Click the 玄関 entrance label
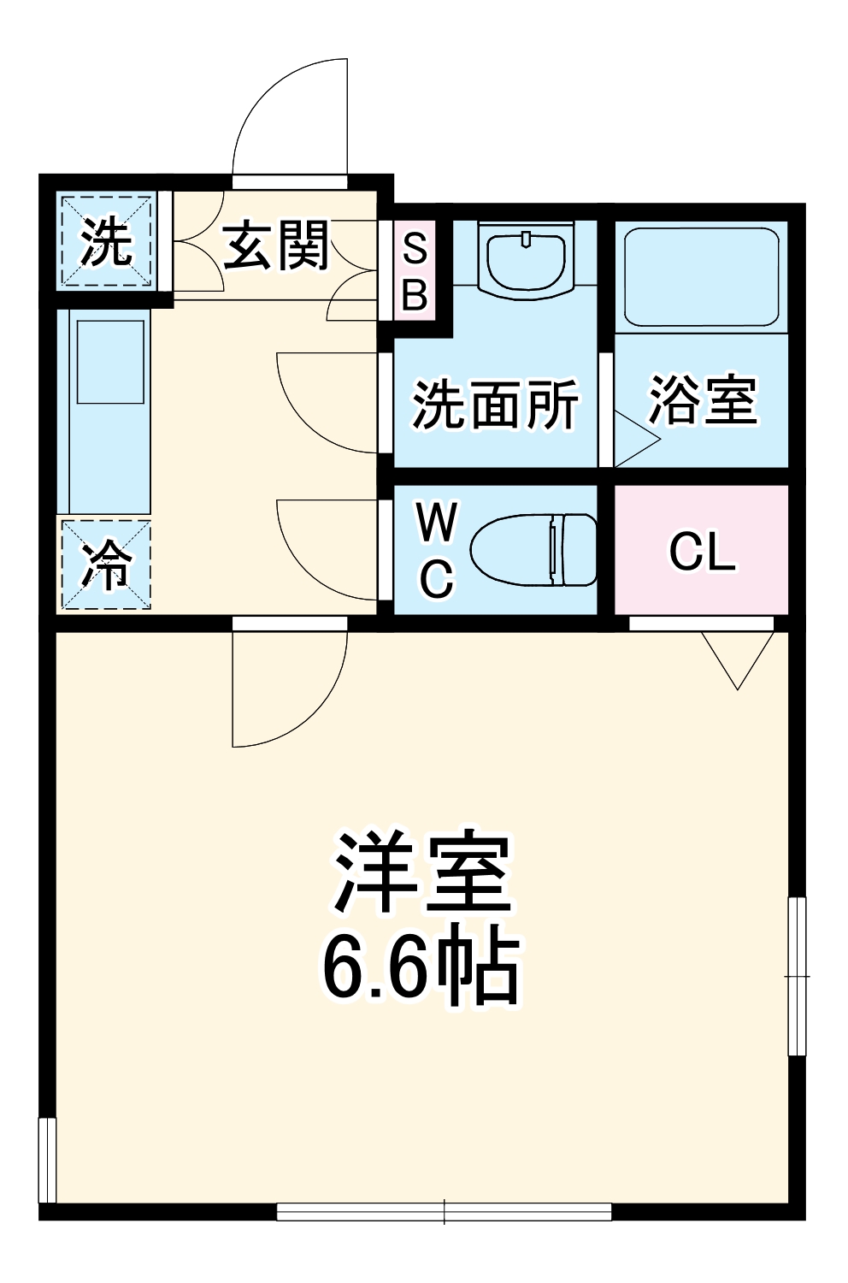(275, 245)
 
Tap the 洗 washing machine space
(106, 243)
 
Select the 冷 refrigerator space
(106, 565)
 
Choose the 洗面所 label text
(495, 404)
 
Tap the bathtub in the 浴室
(701, 275)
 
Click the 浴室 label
(702, 399)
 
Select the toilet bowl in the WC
(533, 550)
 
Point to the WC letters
(437, 550)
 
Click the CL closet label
(702, 552)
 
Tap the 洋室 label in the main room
(422, 872)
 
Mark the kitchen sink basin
(110, 362)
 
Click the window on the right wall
(797, 975)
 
